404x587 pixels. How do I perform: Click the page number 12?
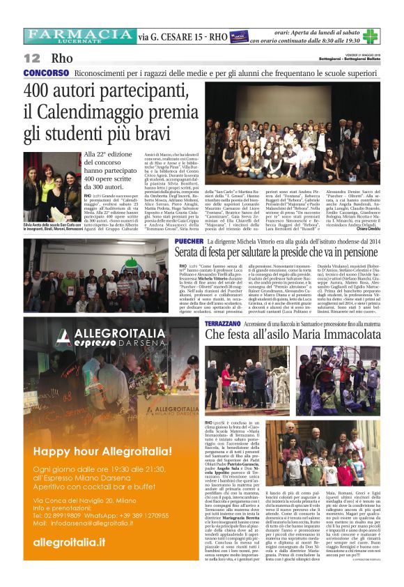pos(31,58)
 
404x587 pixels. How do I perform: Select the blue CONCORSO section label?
pos(46,73)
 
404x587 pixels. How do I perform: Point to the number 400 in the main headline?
pos(42,91)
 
